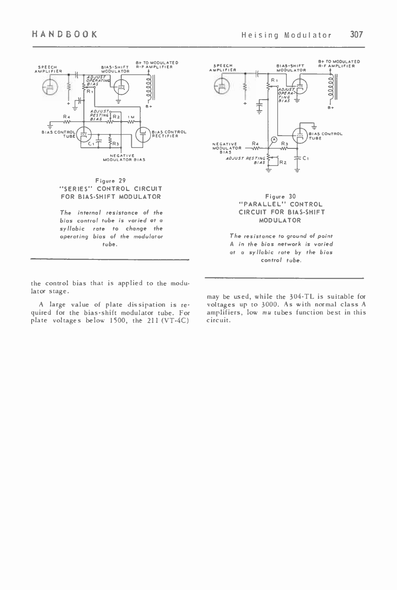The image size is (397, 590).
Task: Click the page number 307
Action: coord(357,35)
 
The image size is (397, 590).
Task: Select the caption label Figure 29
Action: coord(110,180)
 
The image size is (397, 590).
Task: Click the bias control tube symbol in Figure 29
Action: coord(83,134)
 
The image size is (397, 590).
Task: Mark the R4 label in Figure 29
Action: coord(65,116)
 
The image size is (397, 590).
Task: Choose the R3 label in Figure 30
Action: coord(284,143)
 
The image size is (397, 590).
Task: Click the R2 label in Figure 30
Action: coord(283,162)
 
